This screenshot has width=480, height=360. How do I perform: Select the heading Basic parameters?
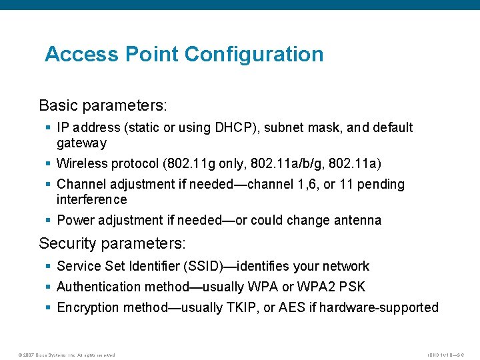pos(103,105)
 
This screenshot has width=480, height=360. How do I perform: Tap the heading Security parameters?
pos(113,243)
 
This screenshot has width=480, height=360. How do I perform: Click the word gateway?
pos(81,143)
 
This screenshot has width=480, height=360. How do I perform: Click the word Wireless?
pos(82,163)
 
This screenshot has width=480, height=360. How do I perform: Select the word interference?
pos(91,199)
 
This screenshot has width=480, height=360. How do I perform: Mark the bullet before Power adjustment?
pos(49,220)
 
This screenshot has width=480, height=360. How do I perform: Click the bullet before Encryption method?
pos(49,307)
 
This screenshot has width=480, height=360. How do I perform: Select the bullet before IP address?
pos(49,127)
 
